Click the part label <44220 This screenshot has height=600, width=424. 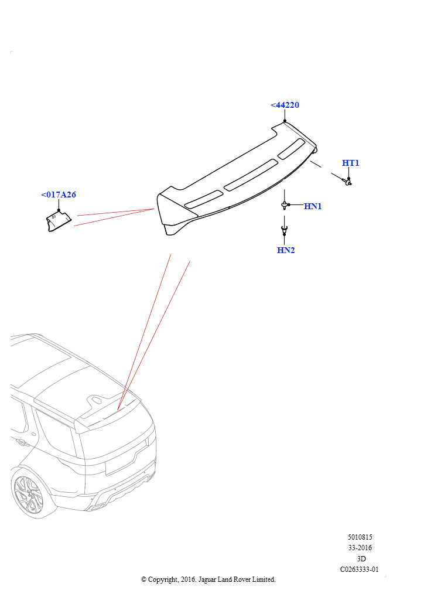pos(285,105)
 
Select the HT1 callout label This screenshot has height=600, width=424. pos(350,163)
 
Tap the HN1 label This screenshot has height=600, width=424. pos(313,206)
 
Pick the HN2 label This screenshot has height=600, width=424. pos(286,250)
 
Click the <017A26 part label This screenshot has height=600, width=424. pos(59,195)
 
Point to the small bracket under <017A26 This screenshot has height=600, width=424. pos(59,222)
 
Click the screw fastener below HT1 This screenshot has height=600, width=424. pos(347,182)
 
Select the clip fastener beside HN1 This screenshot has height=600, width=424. pos(284,206)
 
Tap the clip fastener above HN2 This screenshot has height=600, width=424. pos(284,230)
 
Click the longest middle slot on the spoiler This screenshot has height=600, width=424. pos(251,175)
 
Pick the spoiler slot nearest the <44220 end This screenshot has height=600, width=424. pos(291,149)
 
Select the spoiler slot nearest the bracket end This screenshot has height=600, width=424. pos(204,199)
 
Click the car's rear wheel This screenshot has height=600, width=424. pos(28,496)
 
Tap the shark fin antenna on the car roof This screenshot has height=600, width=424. pos(95,400)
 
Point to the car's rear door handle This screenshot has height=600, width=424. pos(22,442)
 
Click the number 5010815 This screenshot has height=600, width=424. pos(360,537)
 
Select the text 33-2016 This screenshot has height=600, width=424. pos(360,548)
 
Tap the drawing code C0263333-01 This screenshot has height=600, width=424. pos(360,570)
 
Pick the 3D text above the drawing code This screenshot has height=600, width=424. pos(361,558)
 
